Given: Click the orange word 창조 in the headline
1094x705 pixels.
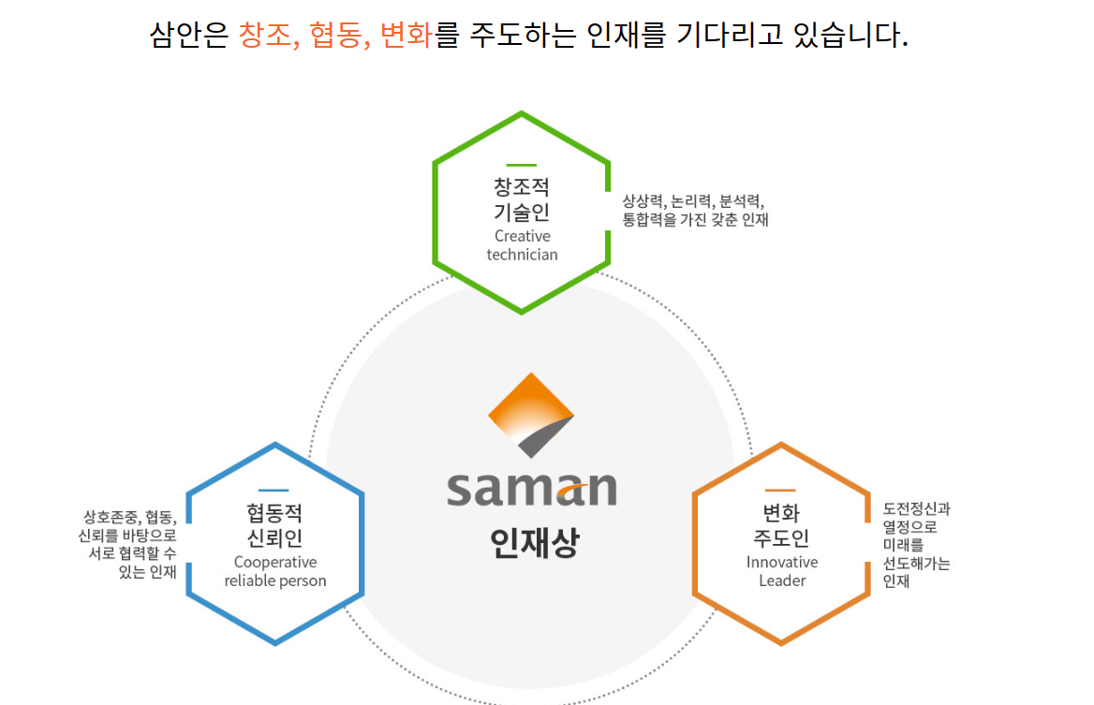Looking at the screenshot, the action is pyautogui.click(x=265, y=34).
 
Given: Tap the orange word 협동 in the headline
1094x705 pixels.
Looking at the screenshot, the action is pyautogui.click(x=336, y=34).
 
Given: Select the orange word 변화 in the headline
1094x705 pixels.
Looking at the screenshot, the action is pyautogui.click(x=406, y=34).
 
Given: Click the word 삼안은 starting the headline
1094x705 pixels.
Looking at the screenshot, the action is pyautogui.click(x=189, y=34).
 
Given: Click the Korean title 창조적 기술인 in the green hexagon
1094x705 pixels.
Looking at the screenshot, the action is pyautogui.click(x=522, y=198).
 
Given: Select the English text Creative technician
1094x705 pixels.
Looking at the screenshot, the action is pyautogui.click(x=522, y=245).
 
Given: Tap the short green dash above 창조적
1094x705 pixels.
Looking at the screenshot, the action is pyautogui.click(x=521, y=166).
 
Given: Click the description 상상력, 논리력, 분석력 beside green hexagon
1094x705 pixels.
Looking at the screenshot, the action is pyautogui.click(x=695, y=210).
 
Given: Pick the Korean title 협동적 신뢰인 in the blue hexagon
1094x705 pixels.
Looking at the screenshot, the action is pyautogui.click(x=274, y=526).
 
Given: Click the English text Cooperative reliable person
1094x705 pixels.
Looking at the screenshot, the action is pyautogui.click(x=274, y=571).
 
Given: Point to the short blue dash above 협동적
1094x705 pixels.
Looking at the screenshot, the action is pyautogui.click(x=273, y=491).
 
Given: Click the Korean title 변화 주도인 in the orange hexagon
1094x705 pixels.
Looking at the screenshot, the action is pyautogui.click(x=781, y=526).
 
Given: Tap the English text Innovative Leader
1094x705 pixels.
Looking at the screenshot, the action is pyautogui.click(x=782, y=571).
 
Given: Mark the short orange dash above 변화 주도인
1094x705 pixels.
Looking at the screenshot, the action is pyautogui.click(x=780, y=491).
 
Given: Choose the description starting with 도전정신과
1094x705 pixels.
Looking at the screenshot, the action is pyautogui.click(x=916, y=545).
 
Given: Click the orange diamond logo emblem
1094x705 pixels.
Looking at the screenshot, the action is pyautogui.click(x=531, y=415).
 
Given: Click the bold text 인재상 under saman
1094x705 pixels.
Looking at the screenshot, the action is pyautogui.click(x=535, y=542).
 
